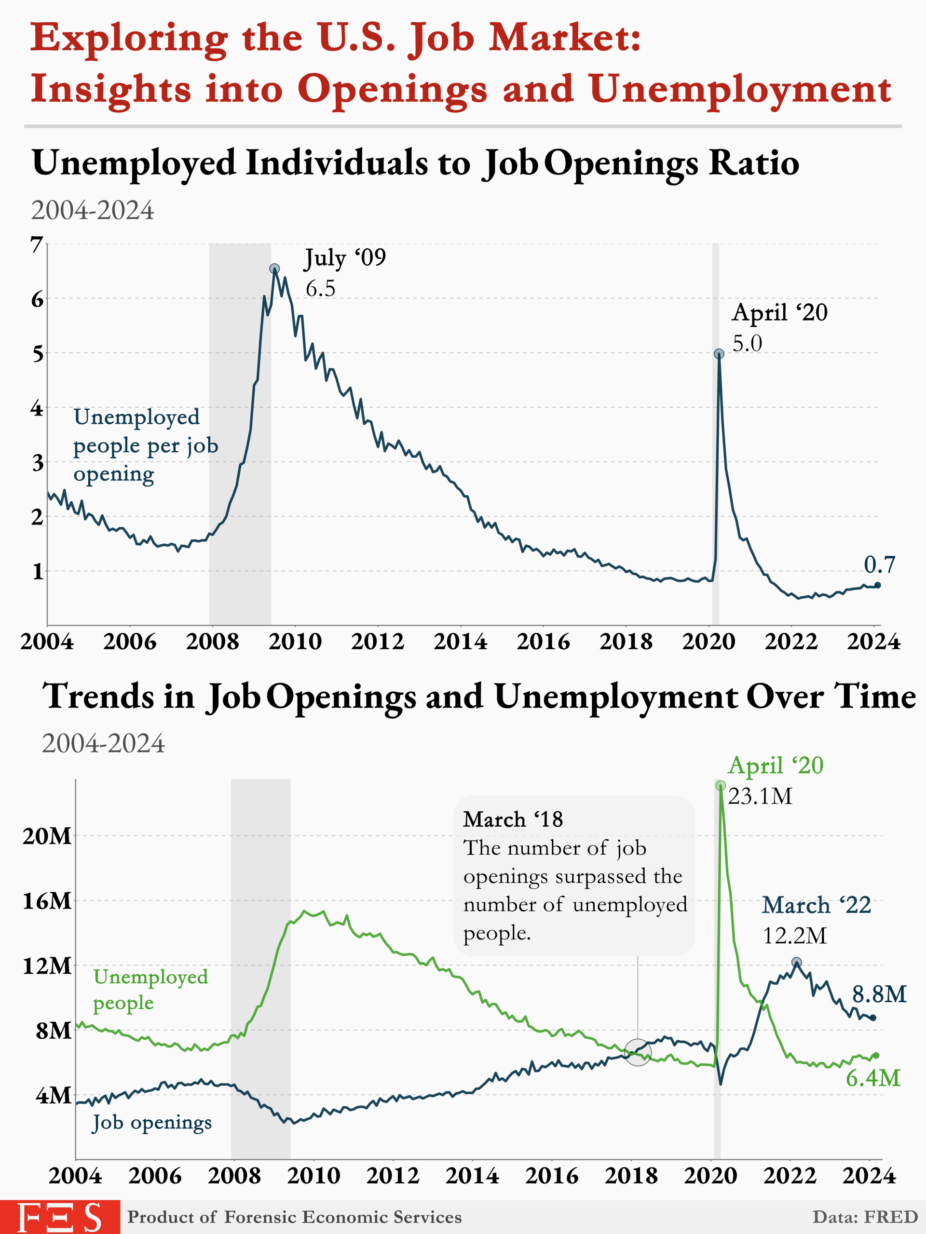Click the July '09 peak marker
[274, 269]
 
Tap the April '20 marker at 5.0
[719, 354]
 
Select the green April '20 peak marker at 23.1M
[720, 786]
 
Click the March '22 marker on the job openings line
[797, 962]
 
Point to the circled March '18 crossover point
[638, 1052]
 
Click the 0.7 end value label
[879, 564]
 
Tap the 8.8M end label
[879, 993]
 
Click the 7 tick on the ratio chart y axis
[37, 244]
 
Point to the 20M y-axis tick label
[47, 836]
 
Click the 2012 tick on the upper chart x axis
[378, 642]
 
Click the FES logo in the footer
[60, 1217]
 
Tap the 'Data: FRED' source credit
[865, 1217]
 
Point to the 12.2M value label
[794, 936]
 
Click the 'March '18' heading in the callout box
[512, 819]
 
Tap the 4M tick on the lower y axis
[54, 1095]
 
